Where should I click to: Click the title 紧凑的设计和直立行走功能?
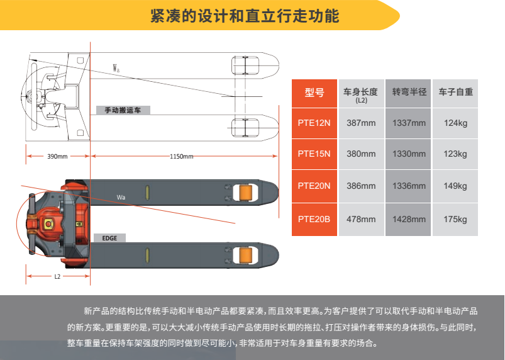(x=245, y=16)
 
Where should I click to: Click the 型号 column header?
(x=314, y=93)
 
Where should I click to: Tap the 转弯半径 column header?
(x=409, y=92)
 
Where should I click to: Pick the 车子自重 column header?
(x=455, y=92)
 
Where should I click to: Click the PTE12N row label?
(x=314, y=123)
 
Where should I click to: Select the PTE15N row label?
(x=314, y=154)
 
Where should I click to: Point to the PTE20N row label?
(x=314, y=186)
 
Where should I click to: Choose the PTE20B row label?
(x=314, y=219)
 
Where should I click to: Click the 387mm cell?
(x=361, y=123)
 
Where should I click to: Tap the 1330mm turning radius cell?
(x=409, y=154)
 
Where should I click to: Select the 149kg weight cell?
(x=455, y=186)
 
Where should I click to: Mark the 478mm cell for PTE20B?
(x=361, y=219)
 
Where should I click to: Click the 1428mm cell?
(x=409, y=219)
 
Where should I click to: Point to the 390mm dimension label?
(x=57, y=156)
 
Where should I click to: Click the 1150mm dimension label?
(x=181, y=156)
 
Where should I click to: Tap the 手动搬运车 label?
(x=123, y=110)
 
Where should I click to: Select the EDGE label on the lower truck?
(x=109, y=239)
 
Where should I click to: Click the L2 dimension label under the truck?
(x=57, y=276)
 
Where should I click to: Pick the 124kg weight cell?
(x=455, y=123)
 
